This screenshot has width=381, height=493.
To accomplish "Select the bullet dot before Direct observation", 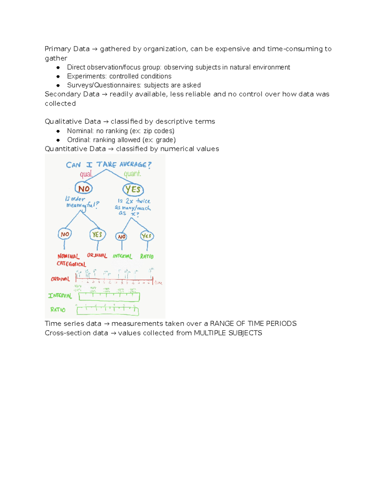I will (x=58, y=67).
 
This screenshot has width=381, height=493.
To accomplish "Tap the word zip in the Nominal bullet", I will (x=148, y=131).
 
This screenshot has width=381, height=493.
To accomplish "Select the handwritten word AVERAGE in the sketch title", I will (x=133, y=164).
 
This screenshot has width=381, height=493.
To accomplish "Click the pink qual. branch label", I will (x=86, y=174).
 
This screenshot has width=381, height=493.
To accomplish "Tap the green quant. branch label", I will (x=132, y=174).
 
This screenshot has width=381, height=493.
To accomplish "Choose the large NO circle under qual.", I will (x=84, y=189).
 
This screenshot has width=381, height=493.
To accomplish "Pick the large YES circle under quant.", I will (x=133, y=190).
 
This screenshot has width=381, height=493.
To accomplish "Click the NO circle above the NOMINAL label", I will (x=65, y=234).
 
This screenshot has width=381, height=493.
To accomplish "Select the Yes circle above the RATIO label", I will (x=147, y=236).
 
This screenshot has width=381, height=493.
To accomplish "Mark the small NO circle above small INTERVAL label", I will (x=122, y=237).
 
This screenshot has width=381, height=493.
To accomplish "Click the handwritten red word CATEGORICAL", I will (x=71, y=264).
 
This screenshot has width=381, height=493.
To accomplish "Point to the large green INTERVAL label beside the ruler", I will (x=60, y=296).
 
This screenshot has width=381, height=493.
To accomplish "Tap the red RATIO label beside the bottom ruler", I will (x=58, y=310).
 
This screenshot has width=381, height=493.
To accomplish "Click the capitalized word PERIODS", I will (x=281, y=323).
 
